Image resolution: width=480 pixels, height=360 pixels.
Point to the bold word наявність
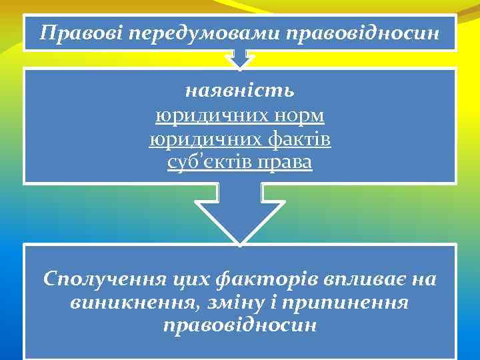(x=240, y=89)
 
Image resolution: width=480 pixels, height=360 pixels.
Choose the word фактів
(x=299, y=140)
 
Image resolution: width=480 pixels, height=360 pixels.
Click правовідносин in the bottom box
(x=240, y=327)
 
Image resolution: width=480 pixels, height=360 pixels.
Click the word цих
(x=193, y=279)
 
